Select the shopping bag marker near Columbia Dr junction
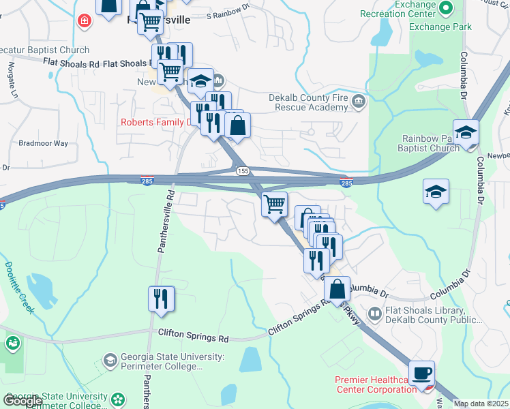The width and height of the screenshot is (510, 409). tap(337, 289)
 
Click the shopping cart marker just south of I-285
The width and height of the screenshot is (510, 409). tap(274, 204)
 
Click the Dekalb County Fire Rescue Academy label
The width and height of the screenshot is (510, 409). tap(308, 103)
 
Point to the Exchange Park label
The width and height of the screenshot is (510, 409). tap(440, 27)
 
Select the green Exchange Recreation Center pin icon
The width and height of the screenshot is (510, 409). tap(447, 8)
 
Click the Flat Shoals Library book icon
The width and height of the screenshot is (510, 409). tap(374, 314)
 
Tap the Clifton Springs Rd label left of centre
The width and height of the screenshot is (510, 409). tap(194, 336)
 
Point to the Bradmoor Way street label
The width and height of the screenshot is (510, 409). tap(43, 144)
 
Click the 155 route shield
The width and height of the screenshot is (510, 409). tap(242, 170)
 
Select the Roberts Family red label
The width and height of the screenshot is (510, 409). tap(157, 123)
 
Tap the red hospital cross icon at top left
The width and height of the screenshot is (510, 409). tap(85, 21)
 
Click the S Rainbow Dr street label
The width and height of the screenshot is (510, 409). tap(229, 14)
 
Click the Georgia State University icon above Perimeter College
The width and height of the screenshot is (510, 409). tap(110, 359)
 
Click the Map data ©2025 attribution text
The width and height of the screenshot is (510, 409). tap(481, 404)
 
